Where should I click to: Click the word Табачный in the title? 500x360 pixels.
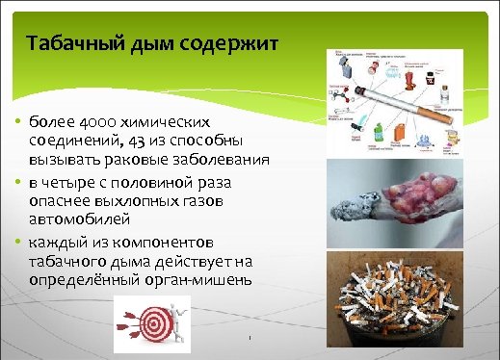click(72, 44)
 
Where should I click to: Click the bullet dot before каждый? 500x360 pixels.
click(19, 241)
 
